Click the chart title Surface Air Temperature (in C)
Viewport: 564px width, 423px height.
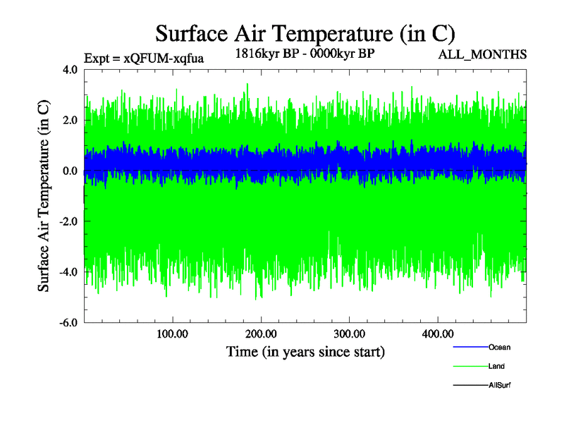click(x=305, y=34)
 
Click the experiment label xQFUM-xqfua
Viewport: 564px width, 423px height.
click(x=144, y=59)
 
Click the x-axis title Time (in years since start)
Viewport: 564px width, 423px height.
click(x=305, y=350)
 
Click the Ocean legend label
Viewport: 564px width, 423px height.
click(x=499, y=348)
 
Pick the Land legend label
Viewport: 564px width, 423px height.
click(x=496, y=367)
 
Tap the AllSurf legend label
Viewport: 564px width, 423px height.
click(x=500, y=386)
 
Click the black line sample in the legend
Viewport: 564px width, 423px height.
click(x=470, y=386)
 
